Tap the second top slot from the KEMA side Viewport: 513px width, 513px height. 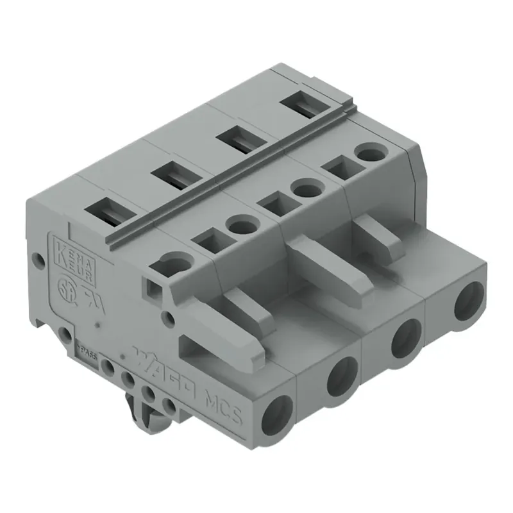point(172,174)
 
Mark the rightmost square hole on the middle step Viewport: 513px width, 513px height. point(338,169)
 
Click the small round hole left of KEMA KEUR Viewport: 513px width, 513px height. point(39,260)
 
